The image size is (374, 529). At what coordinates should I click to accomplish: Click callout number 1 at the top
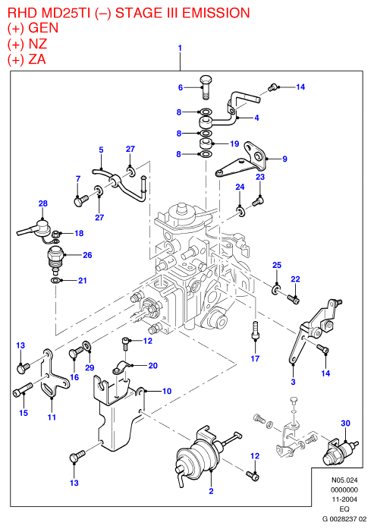click(180, 48)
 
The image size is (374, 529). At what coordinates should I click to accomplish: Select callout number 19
click(234, 143)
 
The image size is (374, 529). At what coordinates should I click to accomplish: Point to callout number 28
click(43, 203)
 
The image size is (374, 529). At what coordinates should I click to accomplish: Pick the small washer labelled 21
click(55, 280)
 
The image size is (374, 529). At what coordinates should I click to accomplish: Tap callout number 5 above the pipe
click(101, 150)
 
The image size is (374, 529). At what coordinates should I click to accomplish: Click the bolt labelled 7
click(80, 200)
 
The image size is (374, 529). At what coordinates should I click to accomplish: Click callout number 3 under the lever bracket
click(293, 382)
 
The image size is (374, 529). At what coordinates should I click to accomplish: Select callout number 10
click(167, 391)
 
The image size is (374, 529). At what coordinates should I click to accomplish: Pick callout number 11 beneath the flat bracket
click(52, 417)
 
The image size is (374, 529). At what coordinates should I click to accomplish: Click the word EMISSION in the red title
click(216, 13)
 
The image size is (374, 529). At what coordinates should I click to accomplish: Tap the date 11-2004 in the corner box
click(344, 499)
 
